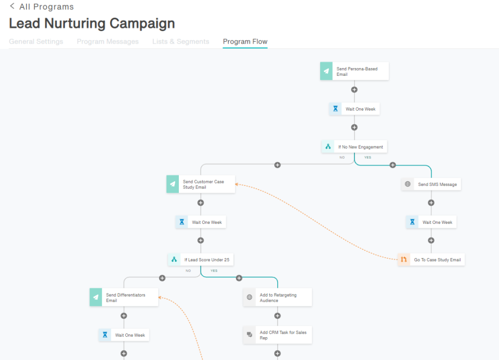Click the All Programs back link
[42, 7]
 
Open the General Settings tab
[36, 42]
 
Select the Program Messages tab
[108, 42]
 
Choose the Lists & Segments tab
[181, 42]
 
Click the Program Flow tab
[245, 42]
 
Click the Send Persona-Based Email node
[354, 71]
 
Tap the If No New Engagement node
[354, 146]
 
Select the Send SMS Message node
[431, 184]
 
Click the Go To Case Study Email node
[431, 260]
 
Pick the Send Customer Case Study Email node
[201, 184]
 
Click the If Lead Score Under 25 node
[201, 260]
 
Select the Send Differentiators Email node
[124, 297]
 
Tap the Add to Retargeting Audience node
[278, 297]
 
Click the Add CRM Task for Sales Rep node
[278, 335]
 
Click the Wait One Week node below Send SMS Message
[431, 222]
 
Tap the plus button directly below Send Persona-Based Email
[354, 90]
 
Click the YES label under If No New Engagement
[367, 157]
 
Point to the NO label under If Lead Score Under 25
[188, 271]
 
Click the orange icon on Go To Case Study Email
[404, 260]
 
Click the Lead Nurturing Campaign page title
[92, 23]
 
